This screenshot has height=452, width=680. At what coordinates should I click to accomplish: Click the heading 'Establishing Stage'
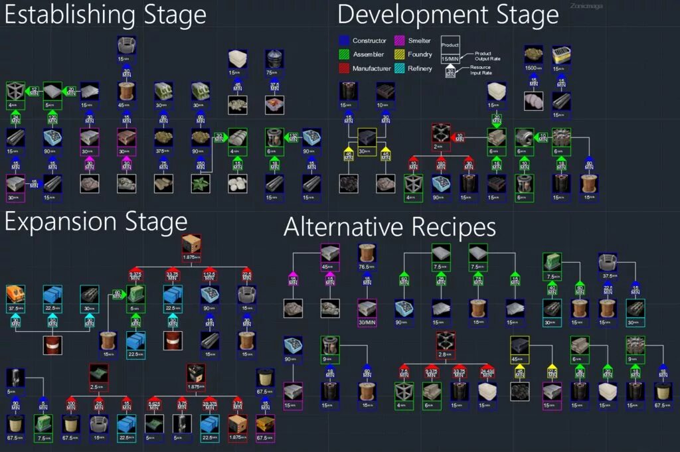pos(106,15)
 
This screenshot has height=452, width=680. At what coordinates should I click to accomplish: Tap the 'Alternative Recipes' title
pos(389,228)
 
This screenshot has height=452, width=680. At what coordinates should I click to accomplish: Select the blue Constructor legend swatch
pos(343,41)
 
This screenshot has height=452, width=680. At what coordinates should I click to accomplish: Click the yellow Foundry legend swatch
pos(400,54)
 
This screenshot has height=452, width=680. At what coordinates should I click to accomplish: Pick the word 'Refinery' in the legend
pos(420,68)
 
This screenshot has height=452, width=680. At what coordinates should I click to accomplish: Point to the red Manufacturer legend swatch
pos(343,68)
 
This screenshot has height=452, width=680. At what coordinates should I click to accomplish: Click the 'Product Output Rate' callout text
pos(487,56)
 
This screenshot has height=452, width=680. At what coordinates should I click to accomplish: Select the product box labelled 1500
pos(534,58)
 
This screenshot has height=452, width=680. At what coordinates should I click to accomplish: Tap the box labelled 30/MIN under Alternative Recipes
pos(367,309)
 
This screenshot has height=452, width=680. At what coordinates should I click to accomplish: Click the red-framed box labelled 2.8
pos(446,347)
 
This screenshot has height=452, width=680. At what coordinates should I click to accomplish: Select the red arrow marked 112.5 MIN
pos(210,275)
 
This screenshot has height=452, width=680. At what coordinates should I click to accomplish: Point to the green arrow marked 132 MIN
pos(292,138)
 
